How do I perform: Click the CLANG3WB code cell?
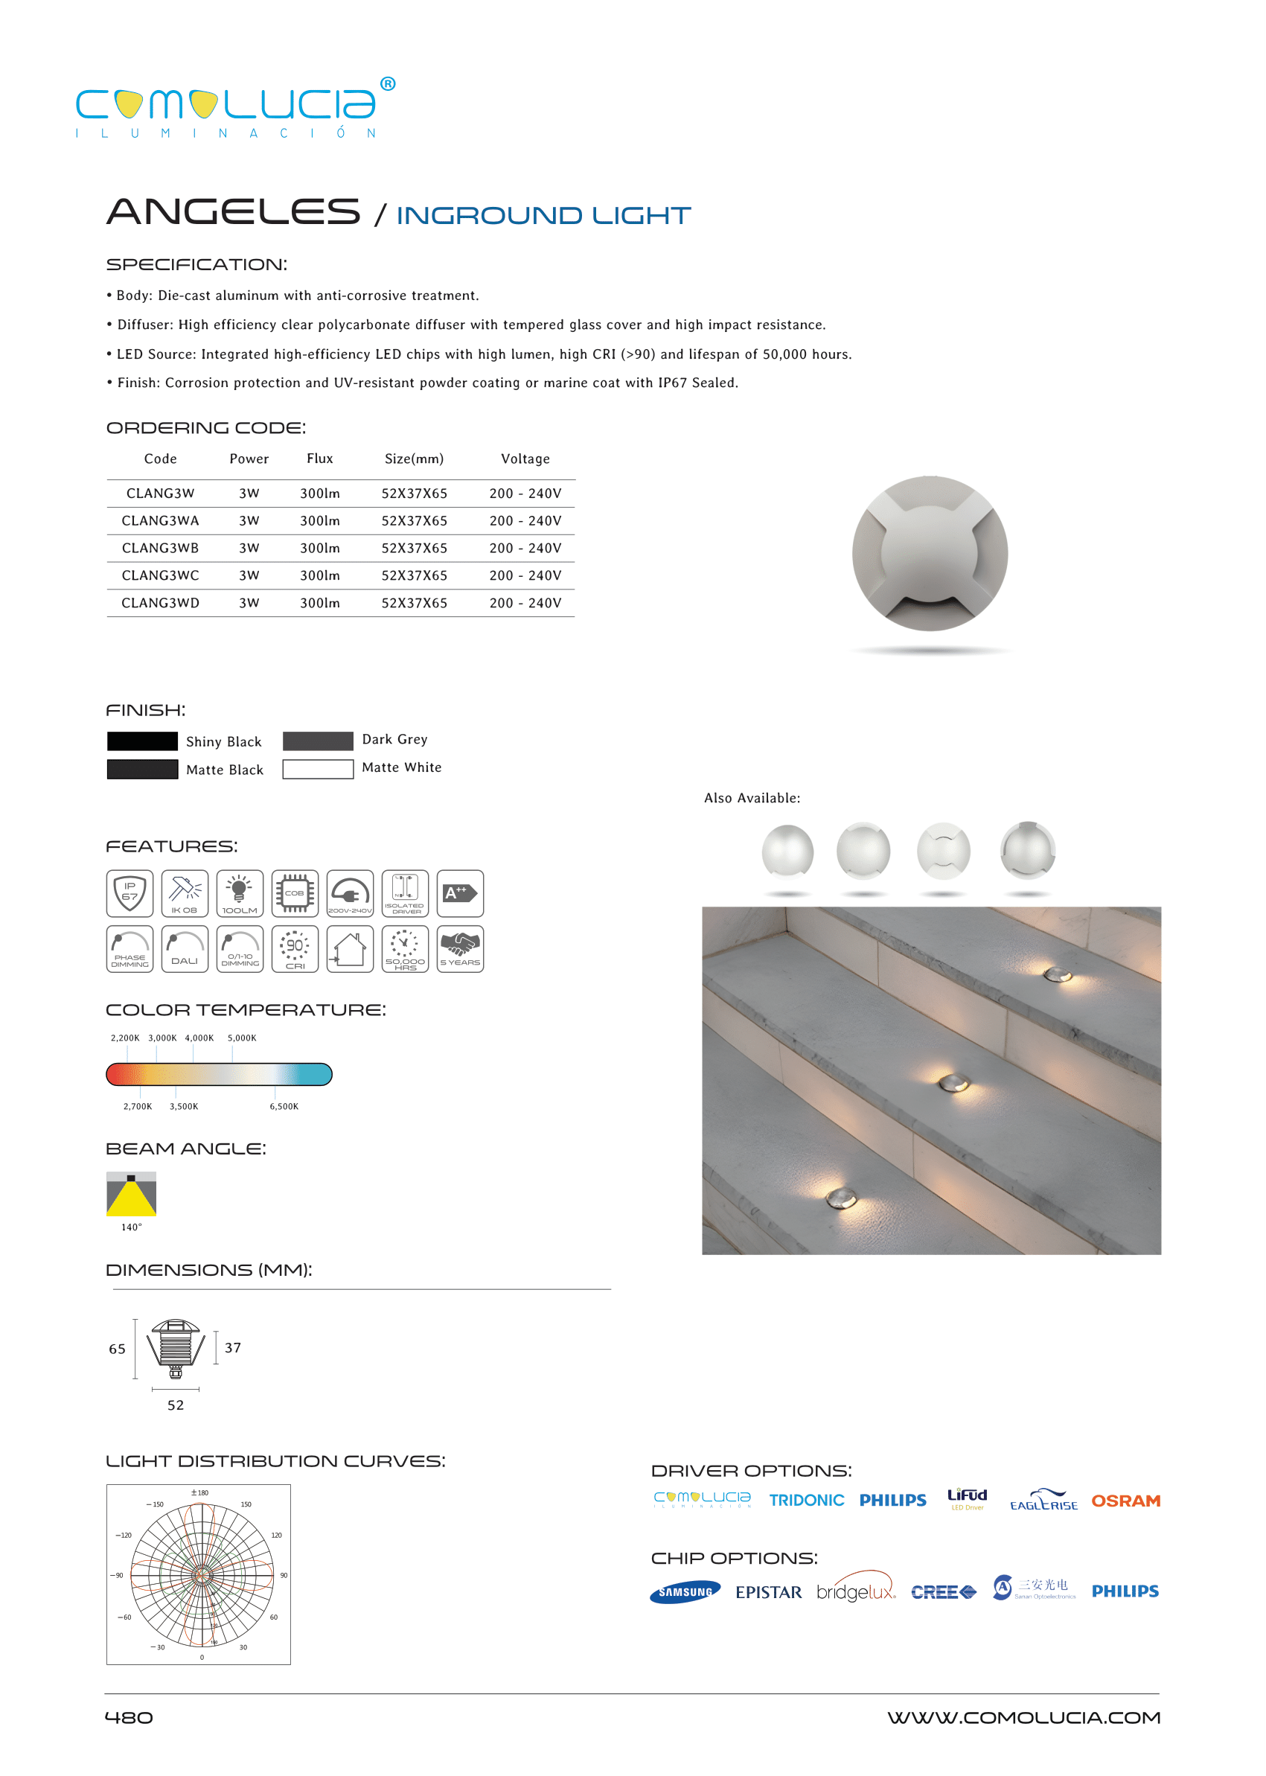[160, 548]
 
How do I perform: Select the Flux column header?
[319, 459]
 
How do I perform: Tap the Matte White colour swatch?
[317, 769]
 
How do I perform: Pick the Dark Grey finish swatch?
[317, 741]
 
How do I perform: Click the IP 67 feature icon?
[130, 892]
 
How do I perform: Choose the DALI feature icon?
[185, 948]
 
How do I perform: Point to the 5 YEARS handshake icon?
[460, 948]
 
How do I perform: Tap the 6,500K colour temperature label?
[284, 1106]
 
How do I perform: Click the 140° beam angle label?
[131, 1227]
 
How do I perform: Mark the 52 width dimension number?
[176, 1405]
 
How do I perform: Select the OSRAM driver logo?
[1125, 1501]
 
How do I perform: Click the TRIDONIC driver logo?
[806, 1500]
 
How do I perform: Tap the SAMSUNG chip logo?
[685, 1592]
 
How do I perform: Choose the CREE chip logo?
[942, 1592]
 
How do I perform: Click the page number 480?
[129, 1717]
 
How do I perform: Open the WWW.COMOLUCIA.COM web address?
[1023, 1717]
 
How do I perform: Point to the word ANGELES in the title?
[233, 212]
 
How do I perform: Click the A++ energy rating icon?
[460, 892]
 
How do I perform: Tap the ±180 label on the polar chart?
[199, 1492]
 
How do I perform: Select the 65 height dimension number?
[117, 1349]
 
